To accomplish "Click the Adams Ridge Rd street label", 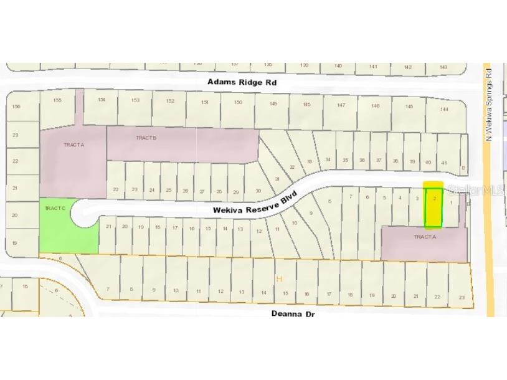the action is (241, 82).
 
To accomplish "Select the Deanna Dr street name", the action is (293, 313).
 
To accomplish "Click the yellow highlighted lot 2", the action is (434, 205).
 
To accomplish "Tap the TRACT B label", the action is (146, 138).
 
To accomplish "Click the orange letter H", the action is (279, 278).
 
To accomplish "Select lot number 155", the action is (57, 100).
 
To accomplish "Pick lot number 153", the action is (135, 100).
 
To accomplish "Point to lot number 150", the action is (238, 102).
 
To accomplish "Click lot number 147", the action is (341, 105).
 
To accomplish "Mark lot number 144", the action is (443, 109).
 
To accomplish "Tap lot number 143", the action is (443, 67).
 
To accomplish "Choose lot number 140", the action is (338, 65).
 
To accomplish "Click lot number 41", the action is (444, 163).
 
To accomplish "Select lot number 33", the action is (310, 162).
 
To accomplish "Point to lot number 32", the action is (291, 167).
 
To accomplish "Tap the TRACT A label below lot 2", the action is (424, 237).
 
